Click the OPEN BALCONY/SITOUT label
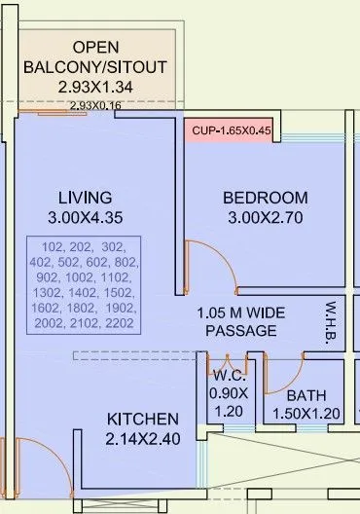pos(95,55)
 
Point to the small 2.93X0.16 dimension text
pos(95,104)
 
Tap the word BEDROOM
pos(265,197)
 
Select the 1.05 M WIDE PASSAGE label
pos(241,322)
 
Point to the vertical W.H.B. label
pos(330,321)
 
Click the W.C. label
pos(230,375)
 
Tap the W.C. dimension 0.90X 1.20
pos(230,402)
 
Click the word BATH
pos(305,396)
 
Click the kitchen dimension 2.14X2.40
pos(142,438)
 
